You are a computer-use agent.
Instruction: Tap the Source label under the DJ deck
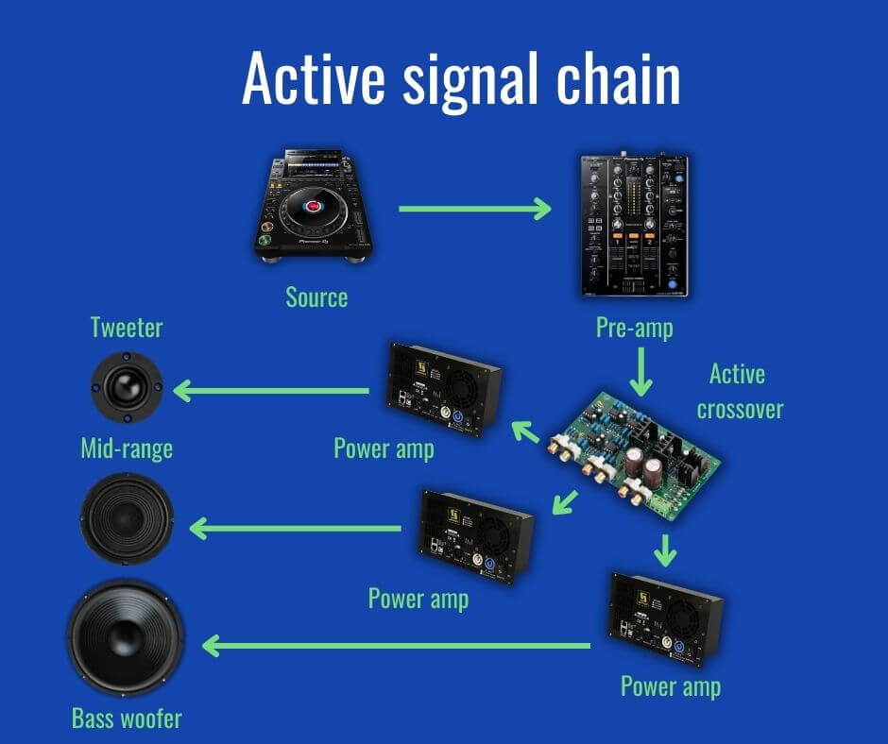[x=316, y=297]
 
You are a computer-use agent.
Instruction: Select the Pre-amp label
[x=635, y=328]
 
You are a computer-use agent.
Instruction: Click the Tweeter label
[x=127, y=328]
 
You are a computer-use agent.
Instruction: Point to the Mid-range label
[x=127, y=448]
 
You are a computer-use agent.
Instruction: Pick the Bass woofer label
[x=127, y=719]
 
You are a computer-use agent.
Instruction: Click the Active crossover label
[x=737, y=391]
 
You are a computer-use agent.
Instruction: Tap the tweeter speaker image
[x=127, y=388]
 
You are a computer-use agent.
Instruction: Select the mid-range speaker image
[x=127, y=518]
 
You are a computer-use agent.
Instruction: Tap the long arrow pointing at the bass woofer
[x=397, y=646]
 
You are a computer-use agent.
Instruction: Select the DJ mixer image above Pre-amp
[x=634, y=225]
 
